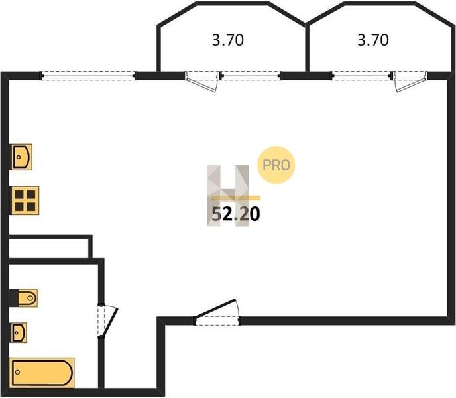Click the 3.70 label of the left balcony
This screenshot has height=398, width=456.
coord(228,40)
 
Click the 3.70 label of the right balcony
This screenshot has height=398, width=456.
coord(372,40)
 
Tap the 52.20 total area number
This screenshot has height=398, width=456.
coord(235,214)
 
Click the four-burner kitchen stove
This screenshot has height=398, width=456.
coord(25,200)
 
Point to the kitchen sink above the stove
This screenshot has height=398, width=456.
coord(22,157)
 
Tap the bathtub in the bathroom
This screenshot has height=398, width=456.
coord(42,373)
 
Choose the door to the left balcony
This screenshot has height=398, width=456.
coord(202,81)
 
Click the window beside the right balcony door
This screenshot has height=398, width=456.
coord(361,75)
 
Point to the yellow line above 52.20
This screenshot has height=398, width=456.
coord(235,198)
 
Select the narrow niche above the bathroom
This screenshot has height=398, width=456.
coord(50,247)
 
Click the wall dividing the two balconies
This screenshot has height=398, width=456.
coord(306,46)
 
